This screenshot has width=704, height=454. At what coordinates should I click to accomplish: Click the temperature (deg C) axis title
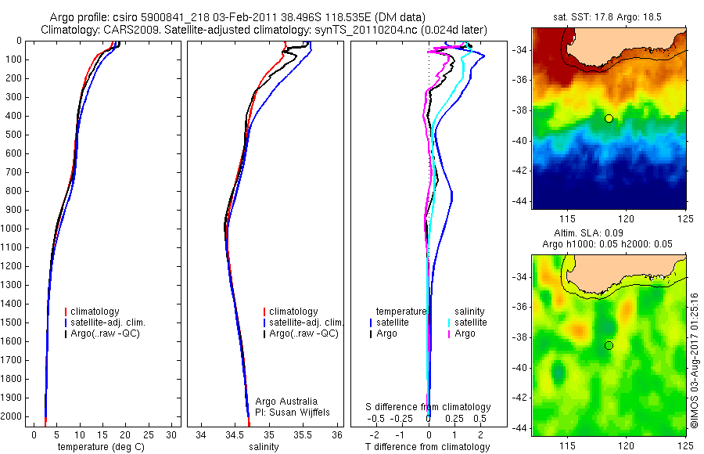(x=102, y=447)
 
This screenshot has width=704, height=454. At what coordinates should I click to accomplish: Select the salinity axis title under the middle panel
(x=264, y=447)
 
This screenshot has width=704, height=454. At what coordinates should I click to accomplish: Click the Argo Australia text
(x=287, y=401)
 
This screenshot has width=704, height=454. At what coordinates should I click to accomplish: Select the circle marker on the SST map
(x=609, y=118)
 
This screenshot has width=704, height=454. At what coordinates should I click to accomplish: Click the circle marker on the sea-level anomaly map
(x=609, y=345)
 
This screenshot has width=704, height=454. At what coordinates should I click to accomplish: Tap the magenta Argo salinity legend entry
(x=465, y=333)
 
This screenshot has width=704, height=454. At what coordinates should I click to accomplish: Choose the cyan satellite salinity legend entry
(x=469, y=322)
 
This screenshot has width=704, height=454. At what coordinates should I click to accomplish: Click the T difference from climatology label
(x=427, y=447)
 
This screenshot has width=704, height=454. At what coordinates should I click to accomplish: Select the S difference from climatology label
(x=428, y=407)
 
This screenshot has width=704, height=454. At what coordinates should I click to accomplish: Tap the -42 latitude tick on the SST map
(x=521, y=171)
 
